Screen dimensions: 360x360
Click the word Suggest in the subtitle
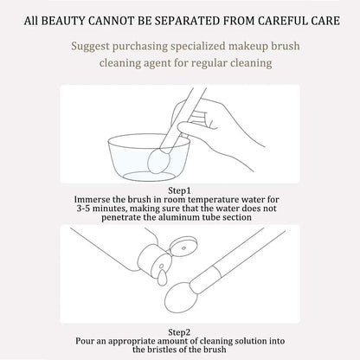(90, 47)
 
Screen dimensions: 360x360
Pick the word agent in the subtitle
(157, 63)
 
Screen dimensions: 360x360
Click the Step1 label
(179, 190)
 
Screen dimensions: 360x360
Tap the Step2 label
(179, 332)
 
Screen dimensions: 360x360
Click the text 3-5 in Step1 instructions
(83, 209)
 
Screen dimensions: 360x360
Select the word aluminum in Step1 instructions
(182, 217)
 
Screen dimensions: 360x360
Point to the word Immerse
(93, 199)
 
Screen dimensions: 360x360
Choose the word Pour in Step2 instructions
(85, 341)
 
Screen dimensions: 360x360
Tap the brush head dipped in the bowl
(159, 162)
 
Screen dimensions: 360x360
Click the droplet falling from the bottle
(162, 278)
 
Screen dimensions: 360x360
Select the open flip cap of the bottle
(183, 247)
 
